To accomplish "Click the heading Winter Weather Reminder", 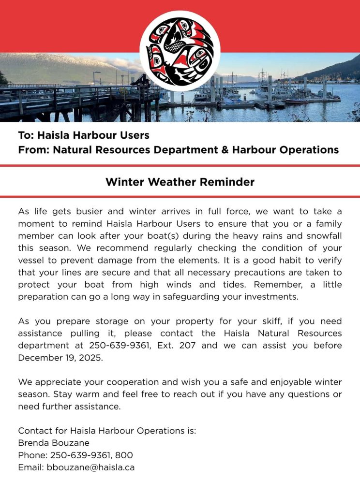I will point(180,182).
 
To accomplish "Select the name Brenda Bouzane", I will point(54,443).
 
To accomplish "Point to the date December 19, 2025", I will point(54,358).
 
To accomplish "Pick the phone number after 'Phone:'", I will point(91,455).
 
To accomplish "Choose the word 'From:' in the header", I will point(33,150).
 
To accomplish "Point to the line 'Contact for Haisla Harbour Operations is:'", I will point(107,431).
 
